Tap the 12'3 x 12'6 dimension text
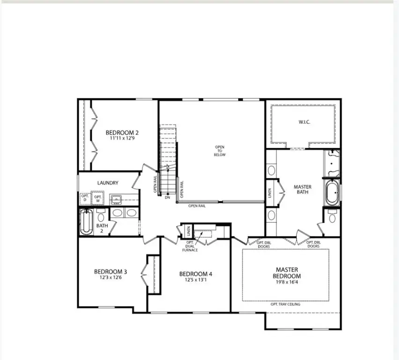point(111,277)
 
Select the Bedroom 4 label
point(196,274)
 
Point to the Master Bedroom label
point(287,272)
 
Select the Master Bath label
point(302,190)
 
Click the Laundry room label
point(108,183)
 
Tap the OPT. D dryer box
point(85,198)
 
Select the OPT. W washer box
point(98,198)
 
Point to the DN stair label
point(167,197)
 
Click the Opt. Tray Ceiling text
point(286,304)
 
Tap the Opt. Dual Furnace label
point(191,247)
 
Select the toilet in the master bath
point(332,217)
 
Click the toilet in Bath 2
point(101,216)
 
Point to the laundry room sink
point(116,200)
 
